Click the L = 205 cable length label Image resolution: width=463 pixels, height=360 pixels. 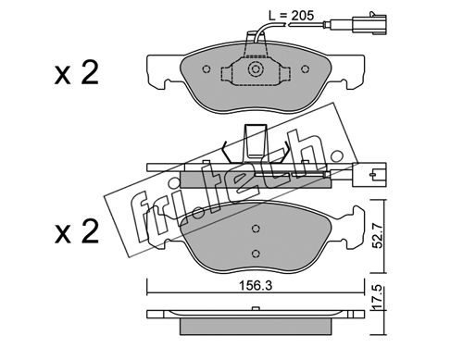click(291, 16)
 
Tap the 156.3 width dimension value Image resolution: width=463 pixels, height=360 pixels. click(256, 286)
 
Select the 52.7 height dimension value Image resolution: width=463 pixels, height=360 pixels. click(378, 236)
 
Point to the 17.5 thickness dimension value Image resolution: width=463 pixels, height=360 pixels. click(378, 298)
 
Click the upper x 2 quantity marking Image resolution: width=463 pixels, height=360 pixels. click(77, 73)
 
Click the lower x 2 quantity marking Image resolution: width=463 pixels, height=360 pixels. click(77, 232)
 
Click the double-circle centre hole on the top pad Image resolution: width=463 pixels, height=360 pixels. click(255, 69)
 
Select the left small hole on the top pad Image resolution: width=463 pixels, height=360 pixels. click(206, 69)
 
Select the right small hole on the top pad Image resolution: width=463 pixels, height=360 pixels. click(306, 69)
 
